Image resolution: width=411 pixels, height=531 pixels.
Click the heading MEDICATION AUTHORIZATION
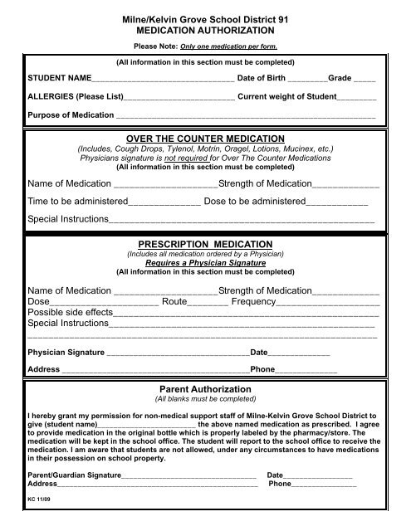click(205, 30)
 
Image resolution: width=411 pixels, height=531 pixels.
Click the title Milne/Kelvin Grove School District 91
click(205, 17)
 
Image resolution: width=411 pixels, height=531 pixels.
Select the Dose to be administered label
click(254, 202)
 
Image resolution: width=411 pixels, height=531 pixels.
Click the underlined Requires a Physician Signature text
click(205, 263)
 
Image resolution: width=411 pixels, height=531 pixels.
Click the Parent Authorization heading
click(205, 388)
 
